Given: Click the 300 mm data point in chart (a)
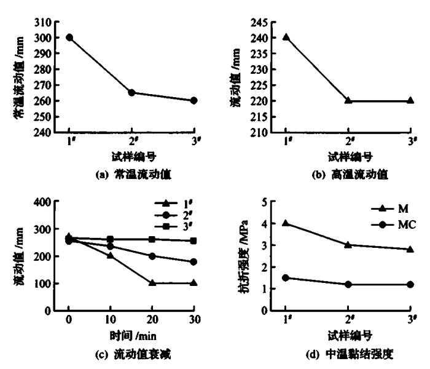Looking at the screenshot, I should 69,37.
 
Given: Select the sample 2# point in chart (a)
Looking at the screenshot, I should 131,93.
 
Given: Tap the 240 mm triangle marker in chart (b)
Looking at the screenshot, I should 286,37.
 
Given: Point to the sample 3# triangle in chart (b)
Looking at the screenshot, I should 410,100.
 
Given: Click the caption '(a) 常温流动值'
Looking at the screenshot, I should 131,175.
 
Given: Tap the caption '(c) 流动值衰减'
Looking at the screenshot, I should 131,355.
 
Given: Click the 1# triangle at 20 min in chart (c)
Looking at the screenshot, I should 152,284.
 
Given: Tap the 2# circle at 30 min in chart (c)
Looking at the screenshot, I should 193,261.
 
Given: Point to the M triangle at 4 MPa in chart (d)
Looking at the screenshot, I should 286,223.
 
